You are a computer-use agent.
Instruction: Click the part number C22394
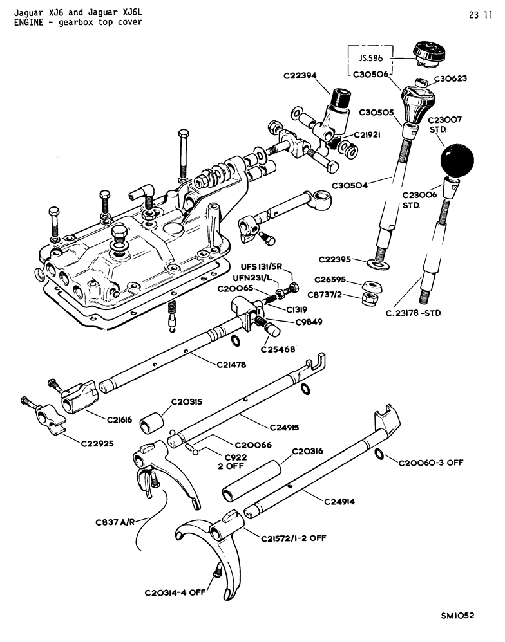(300, 76)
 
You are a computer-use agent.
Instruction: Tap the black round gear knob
(457, 161)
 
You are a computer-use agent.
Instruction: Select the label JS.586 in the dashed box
(370, 58)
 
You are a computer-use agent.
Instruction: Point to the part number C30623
(450, 78)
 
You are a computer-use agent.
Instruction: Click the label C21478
(231, 364)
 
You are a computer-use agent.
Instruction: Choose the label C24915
(284, 427)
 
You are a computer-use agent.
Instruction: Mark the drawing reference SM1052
(457, 616)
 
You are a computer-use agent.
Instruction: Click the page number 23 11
(481, 15)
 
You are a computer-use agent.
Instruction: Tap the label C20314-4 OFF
(175, 592)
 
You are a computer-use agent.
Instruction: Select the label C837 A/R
(115, 522)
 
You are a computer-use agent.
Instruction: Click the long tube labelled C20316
(252, 481)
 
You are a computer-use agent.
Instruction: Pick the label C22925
(97, 443)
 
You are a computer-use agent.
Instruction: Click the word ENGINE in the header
(29, 23)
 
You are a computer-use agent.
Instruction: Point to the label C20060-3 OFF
(431, 463)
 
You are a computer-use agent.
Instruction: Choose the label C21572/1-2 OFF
(294, 538)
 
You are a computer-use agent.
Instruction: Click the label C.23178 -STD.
(413, 313)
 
